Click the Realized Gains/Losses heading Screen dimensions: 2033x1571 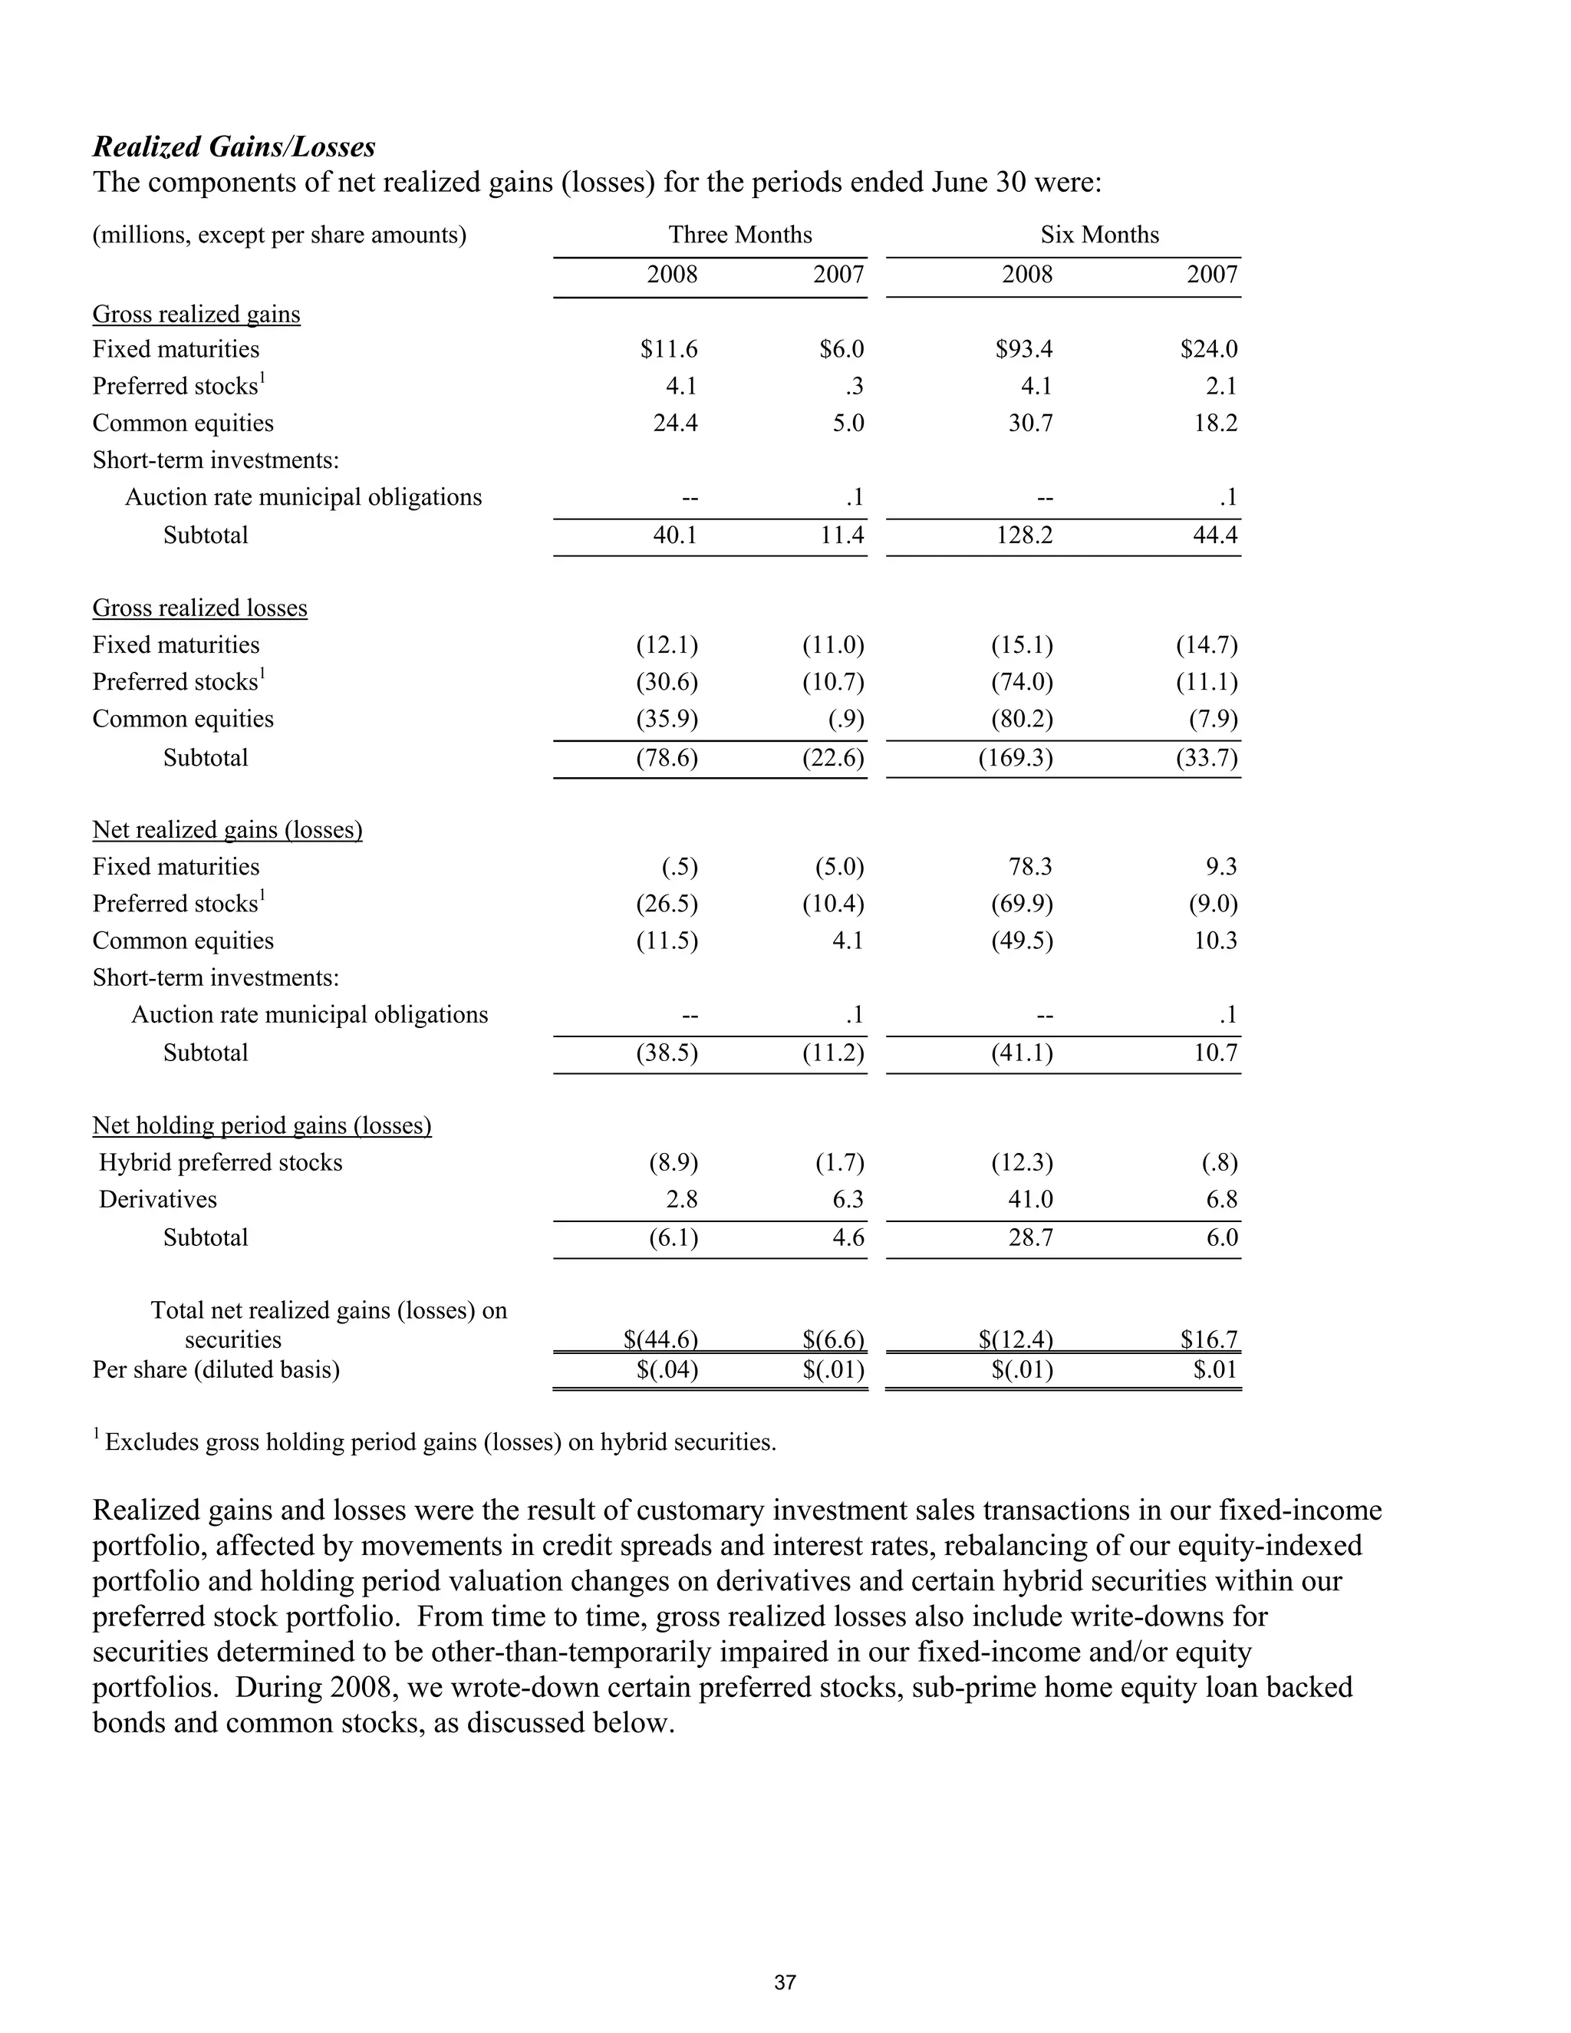click(234, 147)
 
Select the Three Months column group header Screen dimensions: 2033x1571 click(740, 235)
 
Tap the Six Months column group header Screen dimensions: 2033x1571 click(1099, 235)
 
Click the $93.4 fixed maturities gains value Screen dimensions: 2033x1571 click(1024, 349)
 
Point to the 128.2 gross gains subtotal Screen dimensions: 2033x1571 click(1024, 535)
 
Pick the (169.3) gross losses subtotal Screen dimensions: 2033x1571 click(1016, 758)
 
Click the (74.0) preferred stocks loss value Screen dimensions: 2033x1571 click(1022, 682)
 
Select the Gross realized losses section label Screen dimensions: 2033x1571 click(199, 608)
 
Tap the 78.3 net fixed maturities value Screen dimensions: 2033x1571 click(1029, 867)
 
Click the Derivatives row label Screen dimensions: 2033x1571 click(157, 1199)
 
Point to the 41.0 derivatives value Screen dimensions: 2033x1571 click(1029, 1199)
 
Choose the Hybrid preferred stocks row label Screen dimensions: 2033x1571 click(221, 1162)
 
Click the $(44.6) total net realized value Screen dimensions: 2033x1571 click(660, 1339)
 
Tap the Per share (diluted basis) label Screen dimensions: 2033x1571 click(216, 1370)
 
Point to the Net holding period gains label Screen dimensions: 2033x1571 click(262, 1125)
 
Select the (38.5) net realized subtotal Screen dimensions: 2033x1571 click(667, 1053)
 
